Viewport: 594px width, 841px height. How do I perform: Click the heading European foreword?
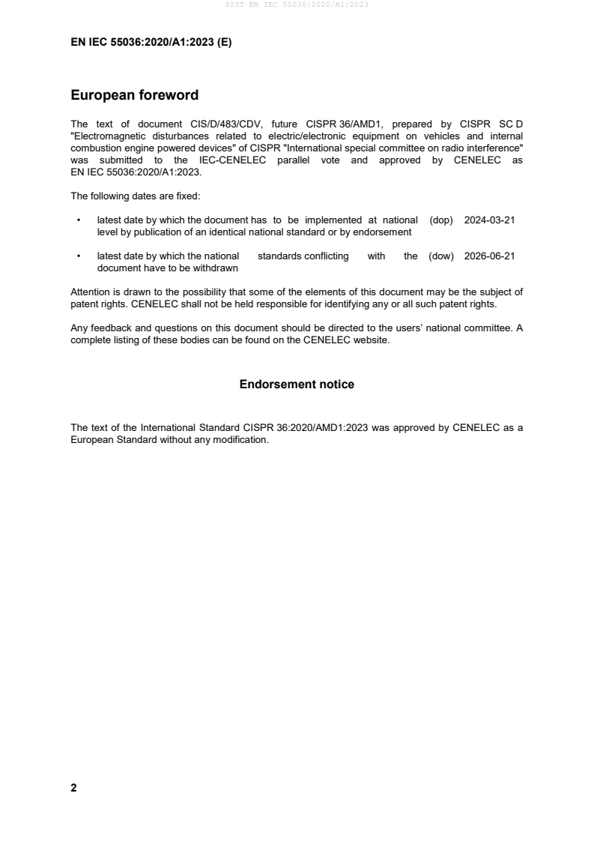134,95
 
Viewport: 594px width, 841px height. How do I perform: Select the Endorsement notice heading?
297,385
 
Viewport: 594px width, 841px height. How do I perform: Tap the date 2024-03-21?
489,220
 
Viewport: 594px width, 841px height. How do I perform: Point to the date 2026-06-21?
489,256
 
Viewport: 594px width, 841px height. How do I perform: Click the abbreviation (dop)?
442,220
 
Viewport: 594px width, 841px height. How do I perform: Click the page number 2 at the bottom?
73,788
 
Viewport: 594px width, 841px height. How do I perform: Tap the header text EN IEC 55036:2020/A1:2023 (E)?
151,43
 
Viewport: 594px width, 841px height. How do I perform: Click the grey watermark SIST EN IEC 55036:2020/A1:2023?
297,4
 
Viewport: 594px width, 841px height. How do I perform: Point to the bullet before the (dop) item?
79,221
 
